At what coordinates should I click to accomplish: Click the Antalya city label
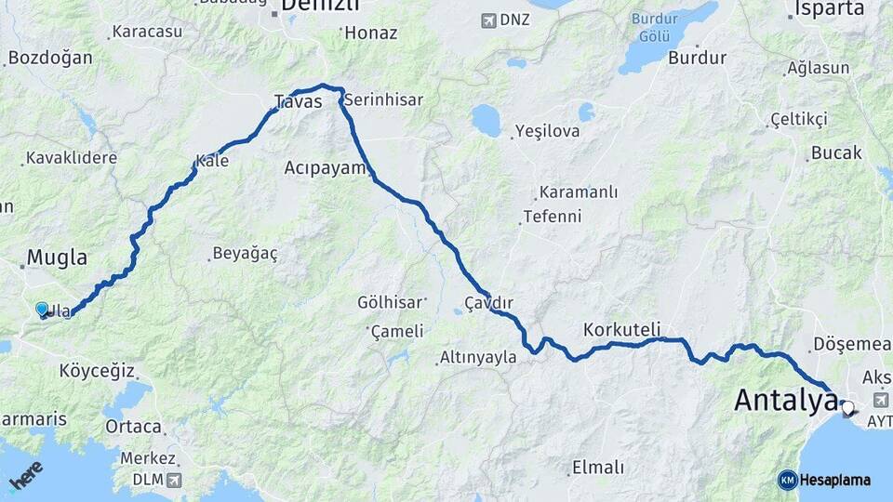[x=785, y=401]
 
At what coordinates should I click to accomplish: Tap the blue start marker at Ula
[x=42, y=310]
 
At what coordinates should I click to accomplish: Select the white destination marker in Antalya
[x=846, y=406]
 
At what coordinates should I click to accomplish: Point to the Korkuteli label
[x=622, y=329]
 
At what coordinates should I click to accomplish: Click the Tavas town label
[x=298, y=101]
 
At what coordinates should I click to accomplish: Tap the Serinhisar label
[x=383, y=99]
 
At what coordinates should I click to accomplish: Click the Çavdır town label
[x=489, y=303]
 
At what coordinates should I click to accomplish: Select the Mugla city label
[x=57, y=258]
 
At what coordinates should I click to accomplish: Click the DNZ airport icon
[x=489, y=20]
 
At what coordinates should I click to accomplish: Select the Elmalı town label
[x=598, y=467]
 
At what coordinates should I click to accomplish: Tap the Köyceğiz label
[x=97, y=371]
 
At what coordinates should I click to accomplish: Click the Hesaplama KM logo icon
[x=788, y=481]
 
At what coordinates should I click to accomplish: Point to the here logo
[x=26, y=476]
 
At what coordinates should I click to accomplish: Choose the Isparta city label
[x=830, y=9]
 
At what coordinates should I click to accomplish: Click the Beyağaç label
[x=245, y=253]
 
